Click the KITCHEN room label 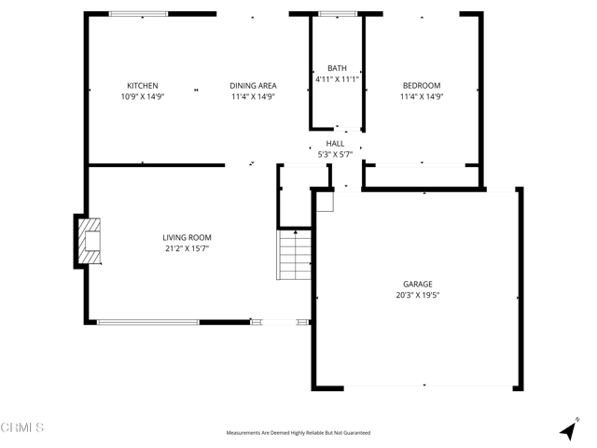tap(143, 86)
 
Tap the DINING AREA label tap(253, 86)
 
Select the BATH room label tap(337, 68)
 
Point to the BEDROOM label tap(421, 86)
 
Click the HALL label tap(335, 144)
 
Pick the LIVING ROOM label tap(187, 238)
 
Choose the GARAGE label tap(417, 285)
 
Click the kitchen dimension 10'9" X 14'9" tap(143, 96)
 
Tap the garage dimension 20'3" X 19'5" tap(417, 295)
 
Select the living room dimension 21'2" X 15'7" tap(187, 248)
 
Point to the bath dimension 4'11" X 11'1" tap(337, 78)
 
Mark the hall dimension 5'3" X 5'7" tap(335, 154)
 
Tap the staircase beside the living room tap(293, 255)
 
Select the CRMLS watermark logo tap(23, 427)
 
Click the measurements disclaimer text tap(298, 433)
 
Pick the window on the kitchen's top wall tap(139, 14)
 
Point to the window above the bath tap(337, 14)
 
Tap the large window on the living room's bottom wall tap(148, 323)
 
